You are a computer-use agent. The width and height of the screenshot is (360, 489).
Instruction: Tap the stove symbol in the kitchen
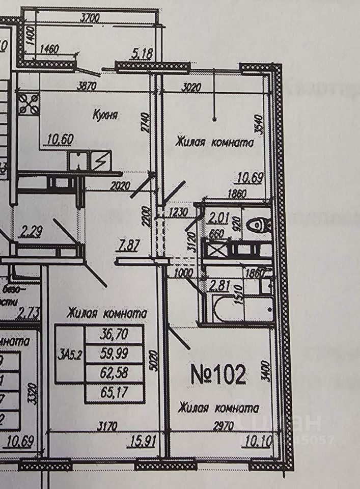click(29, 103)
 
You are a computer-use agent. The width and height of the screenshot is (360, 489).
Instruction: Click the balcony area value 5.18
click(141, 52)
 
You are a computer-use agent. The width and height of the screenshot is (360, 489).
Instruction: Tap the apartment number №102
click(218, 375)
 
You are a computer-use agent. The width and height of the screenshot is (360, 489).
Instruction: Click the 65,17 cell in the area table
click(115, 393)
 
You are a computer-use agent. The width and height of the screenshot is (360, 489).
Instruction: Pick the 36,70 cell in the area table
click(115, 335)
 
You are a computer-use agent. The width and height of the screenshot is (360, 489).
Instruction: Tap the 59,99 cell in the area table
click(115, 354)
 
